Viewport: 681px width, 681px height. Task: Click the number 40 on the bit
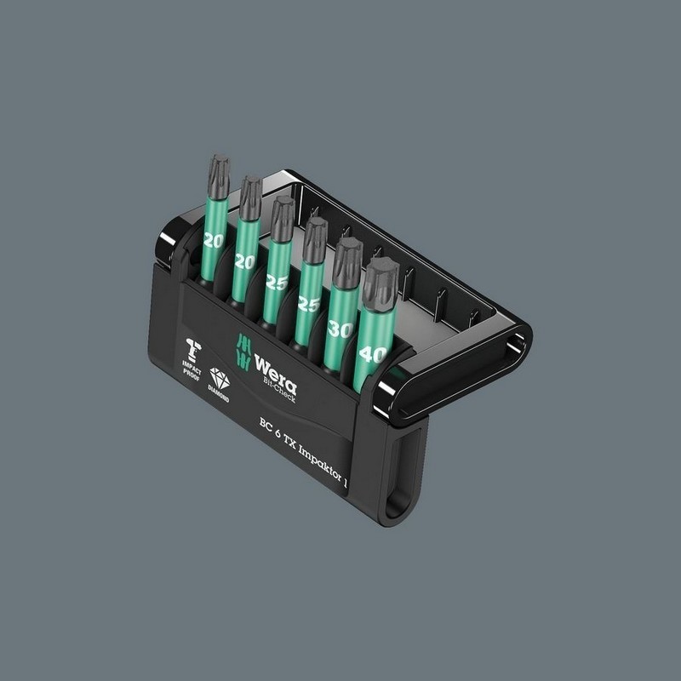373,353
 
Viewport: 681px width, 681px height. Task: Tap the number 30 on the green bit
339,329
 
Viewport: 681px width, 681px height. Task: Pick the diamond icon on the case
220,378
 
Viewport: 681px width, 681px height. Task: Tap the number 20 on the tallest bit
214,241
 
